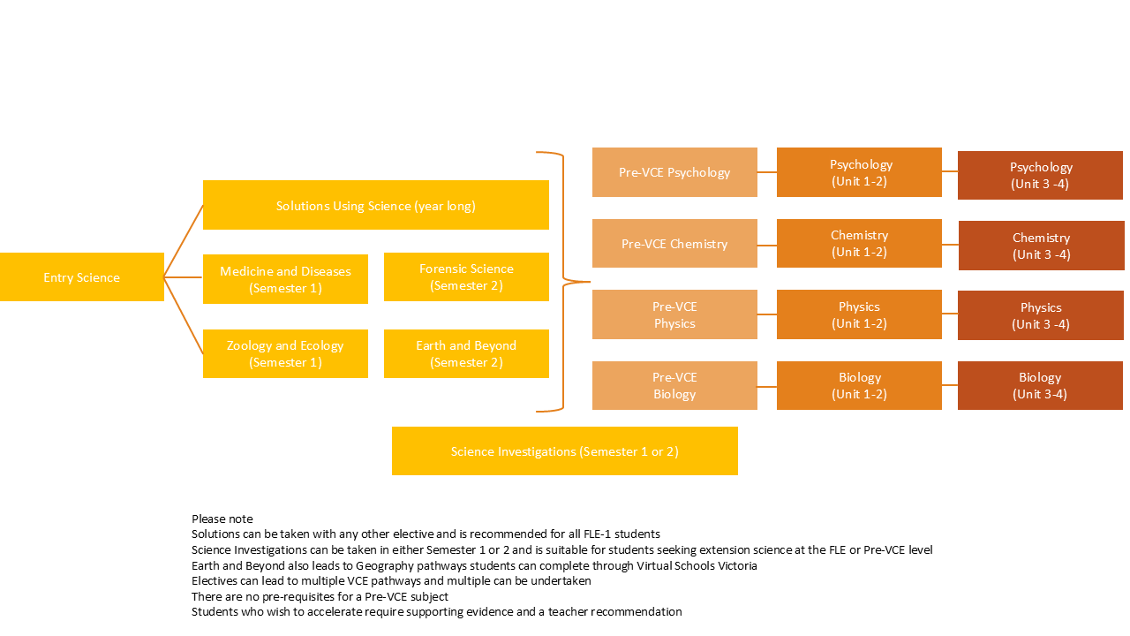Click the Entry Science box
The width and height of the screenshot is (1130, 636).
[x=82, y=277]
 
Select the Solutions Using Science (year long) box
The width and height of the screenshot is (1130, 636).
[x=376, y=205]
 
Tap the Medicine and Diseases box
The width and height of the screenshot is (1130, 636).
[x=285, y=279]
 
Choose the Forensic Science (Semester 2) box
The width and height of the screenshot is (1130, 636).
[x=466, y=276]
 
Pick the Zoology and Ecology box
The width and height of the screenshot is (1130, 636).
[x=285, y=353]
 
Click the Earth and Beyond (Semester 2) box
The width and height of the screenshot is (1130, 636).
[x=466, y=353]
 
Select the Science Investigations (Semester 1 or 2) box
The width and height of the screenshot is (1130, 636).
[x=565, y=451]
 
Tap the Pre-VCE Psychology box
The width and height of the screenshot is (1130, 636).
[x=674, y=172]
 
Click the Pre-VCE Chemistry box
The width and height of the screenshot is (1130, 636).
[x=674, y=244]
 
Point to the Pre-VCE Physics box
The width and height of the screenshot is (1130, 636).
[x=674, y=314]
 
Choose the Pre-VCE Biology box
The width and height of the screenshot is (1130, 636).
[x=674, y=385]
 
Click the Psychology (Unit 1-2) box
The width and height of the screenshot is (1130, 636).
[x=859, y=172]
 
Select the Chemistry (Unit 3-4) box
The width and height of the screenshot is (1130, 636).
[x=1041, y=246]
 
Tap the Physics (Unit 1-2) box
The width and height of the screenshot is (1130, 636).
[x=859, y=314]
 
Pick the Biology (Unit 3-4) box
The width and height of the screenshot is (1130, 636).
[x=1040, y=385]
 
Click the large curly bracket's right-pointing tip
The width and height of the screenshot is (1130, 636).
[x=587, y=282]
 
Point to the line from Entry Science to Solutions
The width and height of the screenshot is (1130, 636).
[x=184, y=241]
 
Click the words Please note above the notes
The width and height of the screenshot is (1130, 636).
[x=222, y=519]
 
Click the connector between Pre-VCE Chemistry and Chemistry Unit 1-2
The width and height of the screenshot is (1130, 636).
[x=767, y=244]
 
